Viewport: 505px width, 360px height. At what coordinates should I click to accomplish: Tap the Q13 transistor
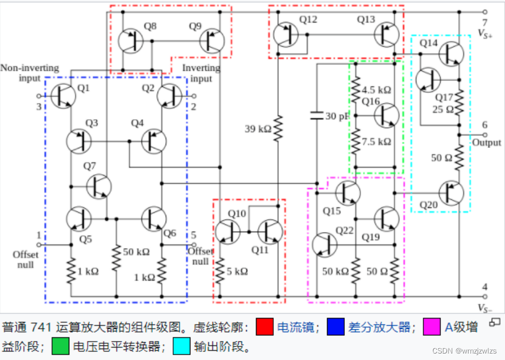[x=387, y=34]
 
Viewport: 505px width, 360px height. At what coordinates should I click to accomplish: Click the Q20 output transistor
[x=451, y=193]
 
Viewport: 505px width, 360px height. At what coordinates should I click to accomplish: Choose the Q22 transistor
[x=324, y=244]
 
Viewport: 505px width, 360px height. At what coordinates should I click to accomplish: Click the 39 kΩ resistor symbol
[x=278, y=129]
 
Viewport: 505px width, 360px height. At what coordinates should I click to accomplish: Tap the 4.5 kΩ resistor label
[x=376, y=90]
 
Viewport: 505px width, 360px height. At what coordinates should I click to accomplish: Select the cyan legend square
[x=181, y=346]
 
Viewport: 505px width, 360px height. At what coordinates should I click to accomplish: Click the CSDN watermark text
[x=466, y=351]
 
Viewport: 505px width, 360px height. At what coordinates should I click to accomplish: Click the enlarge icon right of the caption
[x=494, y=322]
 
